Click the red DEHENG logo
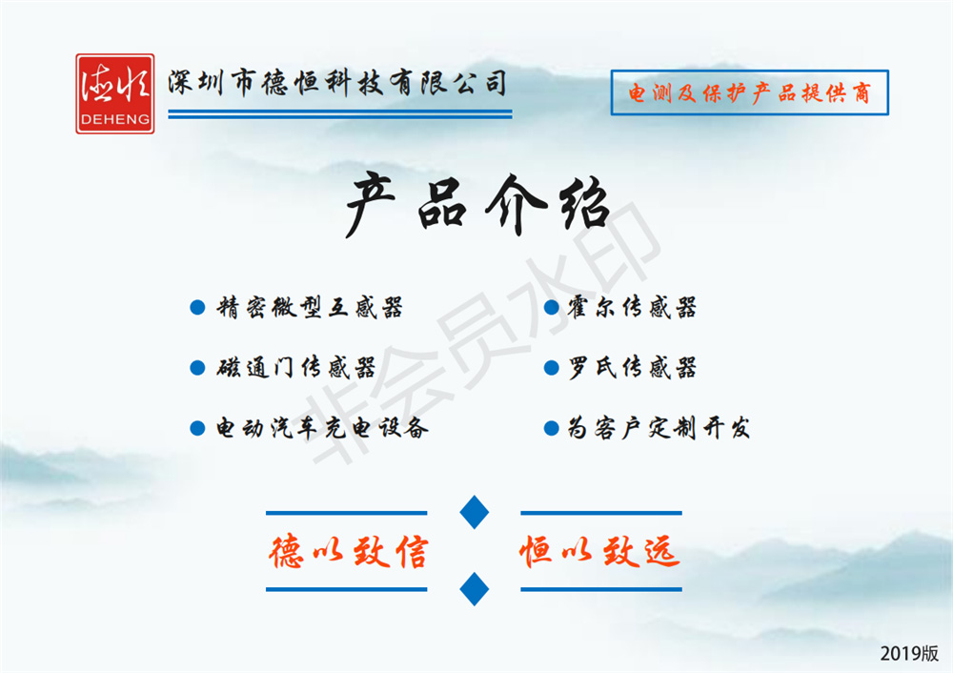[115, 93]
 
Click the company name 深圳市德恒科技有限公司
[337, 83]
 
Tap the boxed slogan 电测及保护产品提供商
[749, 92]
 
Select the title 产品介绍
[477, 205]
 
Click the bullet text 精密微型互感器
[310, 308]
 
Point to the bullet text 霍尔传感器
[632, 308]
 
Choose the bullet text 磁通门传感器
[296, 368]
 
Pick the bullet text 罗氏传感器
[632, 368]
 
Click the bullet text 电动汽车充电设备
[323, 428]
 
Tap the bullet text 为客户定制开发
[659, 428]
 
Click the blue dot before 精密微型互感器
[197, 308]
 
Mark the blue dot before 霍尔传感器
[551, 308]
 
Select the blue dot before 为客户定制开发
[551, 429]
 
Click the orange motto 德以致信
[348, 551]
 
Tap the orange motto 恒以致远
[599, 551]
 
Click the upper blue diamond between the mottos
[475, 512]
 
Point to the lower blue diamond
[475, 589]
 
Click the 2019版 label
[909, 654]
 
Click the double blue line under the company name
[340, 114]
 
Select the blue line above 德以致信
[347, 513]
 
